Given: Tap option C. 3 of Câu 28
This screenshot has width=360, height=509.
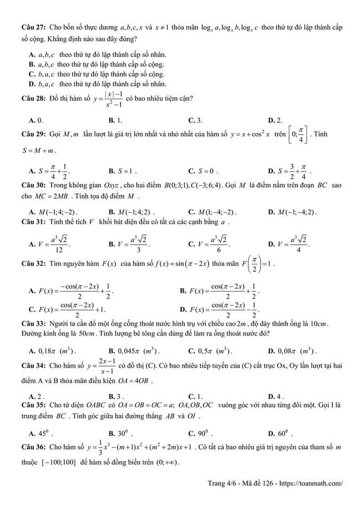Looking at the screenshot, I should tap(196, 120).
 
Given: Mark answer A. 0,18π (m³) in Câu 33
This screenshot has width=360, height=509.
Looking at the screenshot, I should tap(53, 351).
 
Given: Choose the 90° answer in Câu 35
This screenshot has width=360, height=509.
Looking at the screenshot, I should tap(200, 433).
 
